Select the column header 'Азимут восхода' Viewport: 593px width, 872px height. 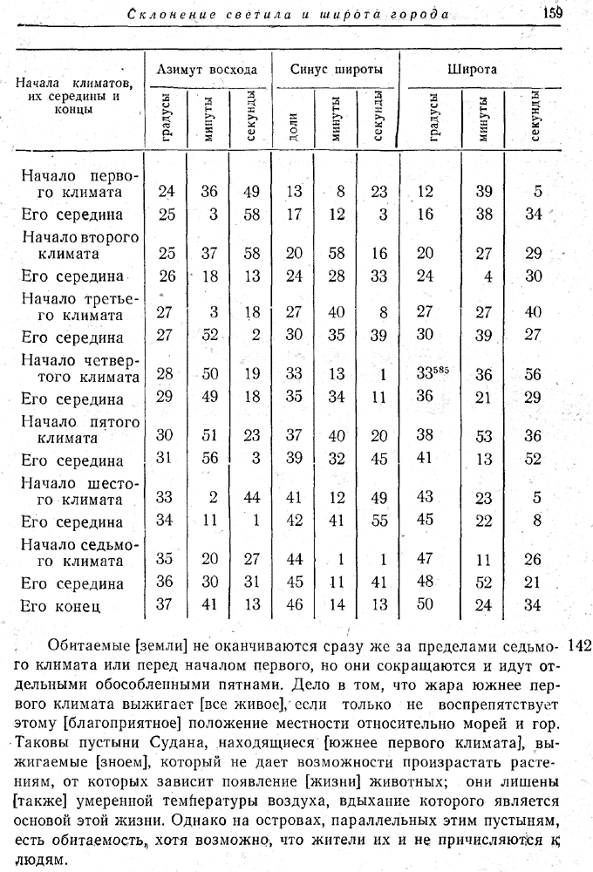tap(206, 69)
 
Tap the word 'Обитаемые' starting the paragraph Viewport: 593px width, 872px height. tap(87, 647)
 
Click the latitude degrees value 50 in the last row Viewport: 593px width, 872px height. tap(426, 604)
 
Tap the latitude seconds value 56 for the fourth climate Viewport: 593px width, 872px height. tap(535, 373)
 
